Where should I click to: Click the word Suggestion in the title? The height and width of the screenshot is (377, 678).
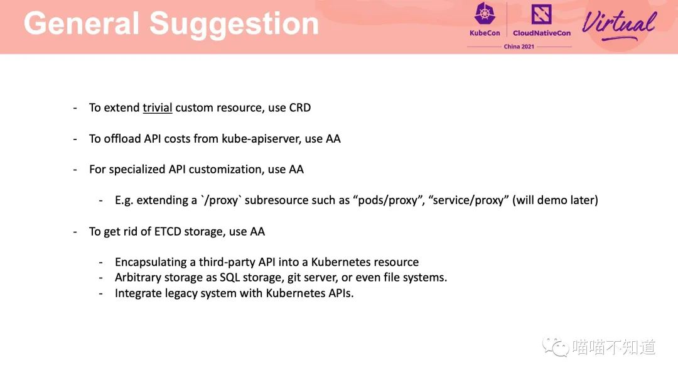[234, 25]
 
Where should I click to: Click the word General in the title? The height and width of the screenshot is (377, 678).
[81, 23]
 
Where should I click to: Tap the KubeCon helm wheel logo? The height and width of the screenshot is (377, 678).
[485, 14]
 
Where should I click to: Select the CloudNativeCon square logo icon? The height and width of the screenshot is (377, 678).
[541, 14]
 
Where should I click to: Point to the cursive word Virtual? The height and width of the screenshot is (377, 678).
[619, 24]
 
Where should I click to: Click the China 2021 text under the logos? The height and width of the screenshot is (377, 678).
[519, 46]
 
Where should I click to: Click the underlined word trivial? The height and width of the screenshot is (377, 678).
[158, 107]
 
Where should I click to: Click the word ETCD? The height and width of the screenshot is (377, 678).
[168, 232]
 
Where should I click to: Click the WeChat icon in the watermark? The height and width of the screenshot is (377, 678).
[555, 347]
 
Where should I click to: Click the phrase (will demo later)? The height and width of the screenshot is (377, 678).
[555, 200]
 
